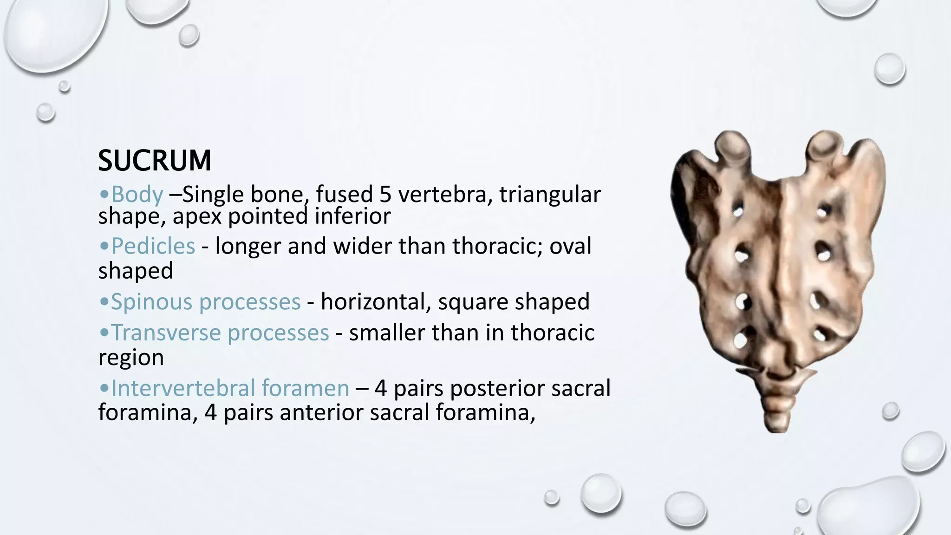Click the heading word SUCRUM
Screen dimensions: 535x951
click(155, 161)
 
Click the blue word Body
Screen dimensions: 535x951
click(137, 194)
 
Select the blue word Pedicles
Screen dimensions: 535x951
click(153, 246)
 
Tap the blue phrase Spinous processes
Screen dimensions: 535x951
click(205, 301)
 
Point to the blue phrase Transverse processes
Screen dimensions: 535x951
click(220, 333)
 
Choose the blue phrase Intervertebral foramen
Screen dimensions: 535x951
click(230, 388)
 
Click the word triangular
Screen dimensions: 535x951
click(550, 194)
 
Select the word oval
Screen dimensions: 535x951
click(570, 246)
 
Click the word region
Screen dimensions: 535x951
click(131, 358)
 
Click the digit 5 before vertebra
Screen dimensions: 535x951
click(385, 194)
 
